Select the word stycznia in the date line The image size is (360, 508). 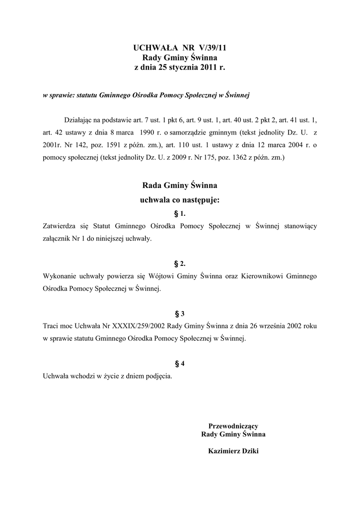click(x=183, y=67)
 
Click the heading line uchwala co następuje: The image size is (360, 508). click(x=180, y=201)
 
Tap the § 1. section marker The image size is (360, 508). click(x=180, y=214)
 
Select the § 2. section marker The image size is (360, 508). click(x=180, y=263)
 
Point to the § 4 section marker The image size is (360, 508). click(x=180, y=364)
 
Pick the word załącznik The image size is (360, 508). click(x=59, y=239)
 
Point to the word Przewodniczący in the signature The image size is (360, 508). click(x=233, y=426)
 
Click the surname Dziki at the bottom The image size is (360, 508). click(x=248, y=451)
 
